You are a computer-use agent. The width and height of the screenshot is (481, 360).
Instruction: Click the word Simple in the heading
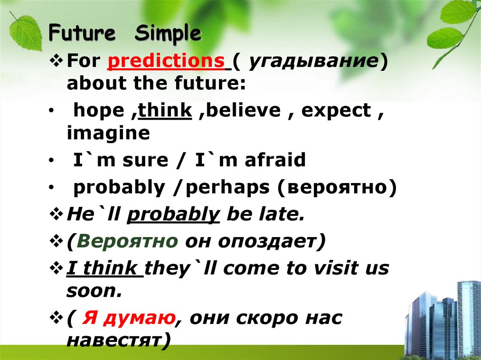[168, 35]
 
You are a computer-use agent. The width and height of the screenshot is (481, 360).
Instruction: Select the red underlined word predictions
[166, 61]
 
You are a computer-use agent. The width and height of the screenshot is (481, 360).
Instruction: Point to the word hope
[96, 111]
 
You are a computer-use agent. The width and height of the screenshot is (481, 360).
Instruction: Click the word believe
[245, 111]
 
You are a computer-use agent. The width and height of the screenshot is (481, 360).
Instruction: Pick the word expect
[336, 111]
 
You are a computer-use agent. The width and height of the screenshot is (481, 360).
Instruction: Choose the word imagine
[108, 134]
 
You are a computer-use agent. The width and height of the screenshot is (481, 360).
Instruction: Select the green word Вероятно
[128, 241]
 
